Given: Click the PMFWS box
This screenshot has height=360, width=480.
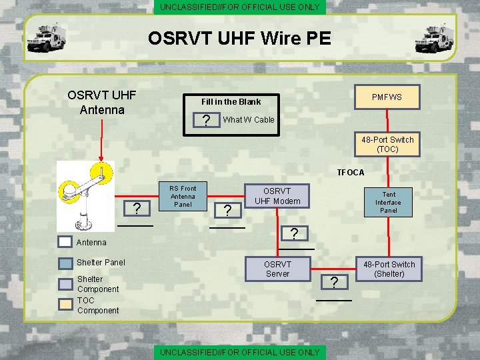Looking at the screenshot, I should coord(387,97).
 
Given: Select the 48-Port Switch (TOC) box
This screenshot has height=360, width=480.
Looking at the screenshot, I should coord(387,145).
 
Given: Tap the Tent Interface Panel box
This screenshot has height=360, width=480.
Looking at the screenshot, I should coord(388,202).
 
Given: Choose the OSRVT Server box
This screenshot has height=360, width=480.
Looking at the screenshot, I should coord(277,269).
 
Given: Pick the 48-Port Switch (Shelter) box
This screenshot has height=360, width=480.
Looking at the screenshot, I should coord(389,269).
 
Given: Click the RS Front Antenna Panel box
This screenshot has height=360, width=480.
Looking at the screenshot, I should coord(183,196).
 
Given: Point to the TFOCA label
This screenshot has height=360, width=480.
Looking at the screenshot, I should coord(351,173).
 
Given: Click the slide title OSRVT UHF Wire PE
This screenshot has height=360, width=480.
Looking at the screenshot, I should coord(239,38).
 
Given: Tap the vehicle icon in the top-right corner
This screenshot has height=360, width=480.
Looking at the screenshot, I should coord(434,37).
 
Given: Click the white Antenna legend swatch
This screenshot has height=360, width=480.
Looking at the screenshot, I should coord(65,242).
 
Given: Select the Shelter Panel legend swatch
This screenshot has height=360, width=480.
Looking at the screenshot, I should coord(65,263).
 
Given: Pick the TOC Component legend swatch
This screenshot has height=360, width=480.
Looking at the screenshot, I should coord(65,305).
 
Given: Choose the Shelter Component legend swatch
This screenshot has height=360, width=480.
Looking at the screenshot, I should coord(65,284).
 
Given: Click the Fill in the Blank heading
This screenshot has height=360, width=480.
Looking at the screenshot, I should coord(231,101).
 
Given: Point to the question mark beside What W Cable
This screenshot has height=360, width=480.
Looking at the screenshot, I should coord(207,121).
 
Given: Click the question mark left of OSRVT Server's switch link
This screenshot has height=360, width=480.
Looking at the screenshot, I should coord(334,283).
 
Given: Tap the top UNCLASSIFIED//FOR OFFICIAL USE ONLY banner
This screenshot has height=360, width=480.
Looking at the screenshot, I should coord(239,7).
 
